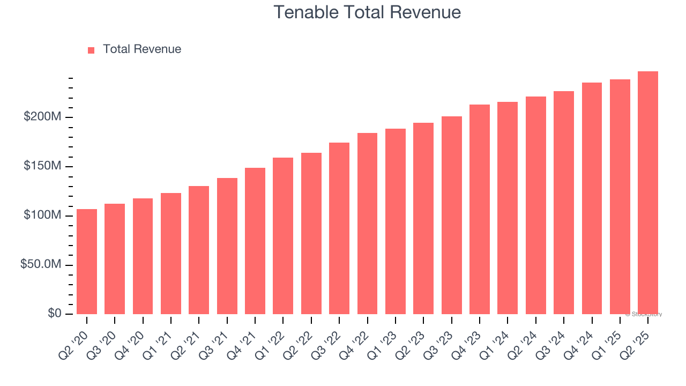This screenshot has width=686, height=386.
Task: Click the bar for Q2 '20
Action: pyautogui.click(x=87, y=262)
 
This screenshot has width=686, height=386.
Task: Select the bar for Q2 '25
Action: pyautogui.click(x=648, y=193)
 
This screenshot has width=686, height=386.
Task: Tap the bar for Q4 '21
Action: pyautogui.click(x=255, y=241)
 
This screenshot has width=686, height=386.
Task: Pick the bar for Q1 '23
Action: pyautogui.click(x=396, y=221)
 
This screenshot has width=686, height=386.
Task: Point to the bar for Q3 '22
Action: pyautogui.click(x=339, y=228)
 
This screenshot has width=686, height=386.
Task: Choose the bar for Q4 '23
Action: pyautogui.click(x=480, y=209)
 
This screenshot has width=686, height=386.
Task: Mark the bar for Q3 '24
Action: pyautogui.click(x=564, y=203)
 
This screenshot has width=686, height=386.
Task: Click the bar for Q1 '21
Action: pyautogui.click(x=171, y=254)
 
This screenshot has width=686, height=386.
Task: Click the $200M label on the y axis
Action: pyautogui.click(x=42, y=117)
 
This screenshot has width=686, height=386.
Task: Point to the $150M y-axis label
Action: pyautogui.click(x=42, y=166)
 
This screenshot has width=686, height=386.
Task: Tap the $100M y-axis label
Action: pyautogui.click(x=42, y=216)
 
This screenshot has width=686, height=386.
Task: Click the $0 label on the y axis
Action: pyautogui.click(x=54, y=314)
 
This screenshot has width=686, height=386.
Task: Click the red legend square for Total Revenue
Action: pyautogui.click(x=91, y=50)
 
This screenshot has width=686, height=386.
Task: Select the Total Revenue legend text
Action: pyautogui.click(x=142, y=49)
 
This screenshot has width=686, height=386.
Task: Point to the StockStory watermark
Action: pyautogui.click(x=644, y=314)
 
